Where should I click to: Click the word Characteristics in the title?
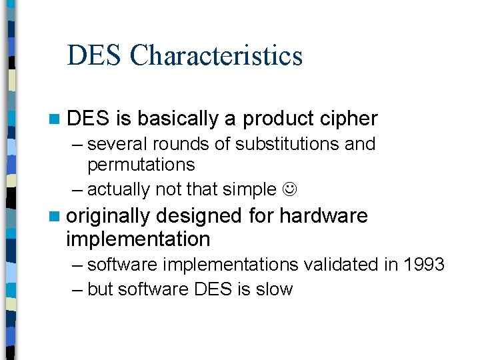(x=216, y=55)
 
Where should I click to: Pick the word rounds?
(x=175, y=144)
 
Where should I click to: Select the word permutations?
(x=141, y=165)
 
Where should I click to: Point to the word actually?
(x=119, y=190)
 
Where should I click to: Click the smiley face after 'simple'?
(x=289, y=190)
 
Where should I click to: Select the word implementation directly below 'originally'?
(x=138, y=239)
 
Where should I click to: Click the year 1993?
(x=424, y=265)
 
